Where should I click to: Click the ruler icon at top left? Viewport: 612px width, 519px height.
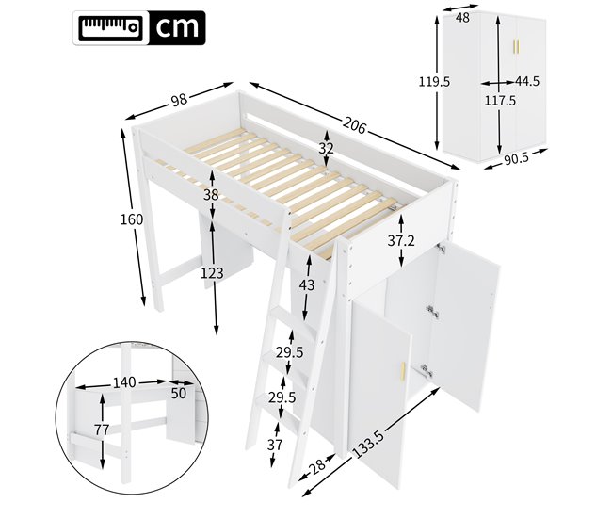[109, 27]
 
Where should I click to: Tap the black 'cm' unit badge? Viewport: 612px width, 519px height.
[177, 27]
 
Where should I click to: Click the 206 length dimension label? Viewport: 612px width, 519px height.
[354, 122]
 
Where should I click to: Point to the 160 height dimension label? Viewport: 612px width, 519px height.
[132, 219]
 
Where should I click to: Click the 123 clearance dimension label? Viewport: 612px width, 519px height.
[214, 273]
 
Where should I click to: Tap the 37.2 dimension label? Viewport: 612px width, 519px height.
[401, 241]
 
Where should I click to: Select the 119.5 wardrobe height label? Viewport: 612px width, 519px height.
[433, 82]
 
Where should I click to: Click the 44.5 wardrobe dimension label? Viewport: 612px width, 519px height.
[528, 82]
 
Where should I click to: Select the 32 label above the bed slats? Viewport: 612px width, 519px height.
[326, 148]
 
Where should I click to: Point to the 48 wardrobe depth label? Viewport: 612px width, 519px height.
[462, 17]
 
